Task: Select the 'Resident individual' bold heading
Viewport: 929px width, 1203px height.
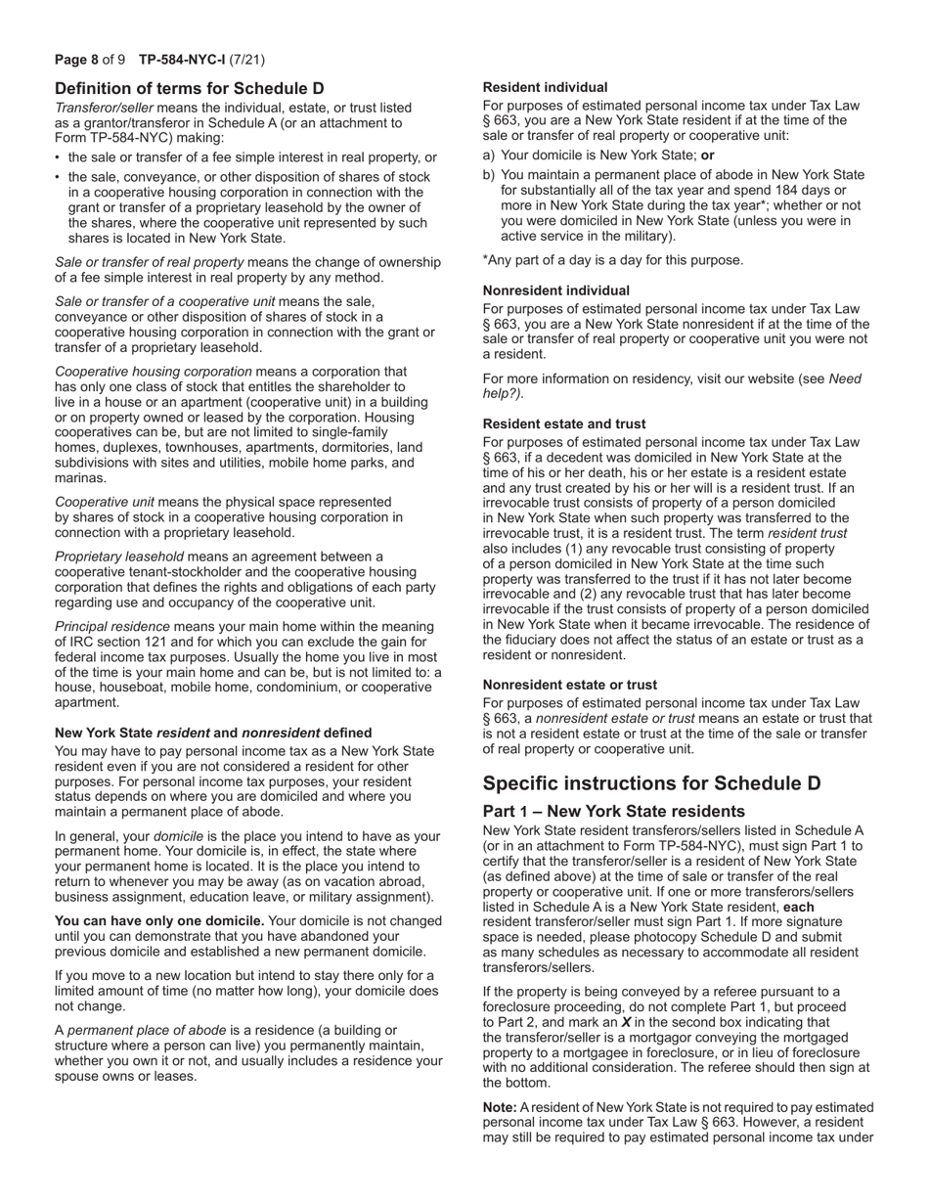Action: point(545,87)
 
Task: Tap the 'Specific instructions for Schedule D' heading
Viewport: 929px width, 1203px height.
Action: point(652,783)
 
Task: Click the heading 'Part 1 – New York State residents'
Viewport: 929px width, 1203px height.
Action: point(614,812)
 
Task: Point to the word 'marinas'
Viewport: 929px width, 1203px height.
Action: point(80,478)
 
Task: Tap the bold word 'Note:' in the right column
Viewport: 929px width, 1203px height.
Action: point(500,1107)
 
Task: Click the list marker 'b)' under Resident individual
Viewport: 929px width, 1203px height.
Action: point(490,174)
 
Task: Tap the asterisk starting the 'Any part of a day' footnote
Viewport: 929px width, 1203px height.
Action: point(486,260)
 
